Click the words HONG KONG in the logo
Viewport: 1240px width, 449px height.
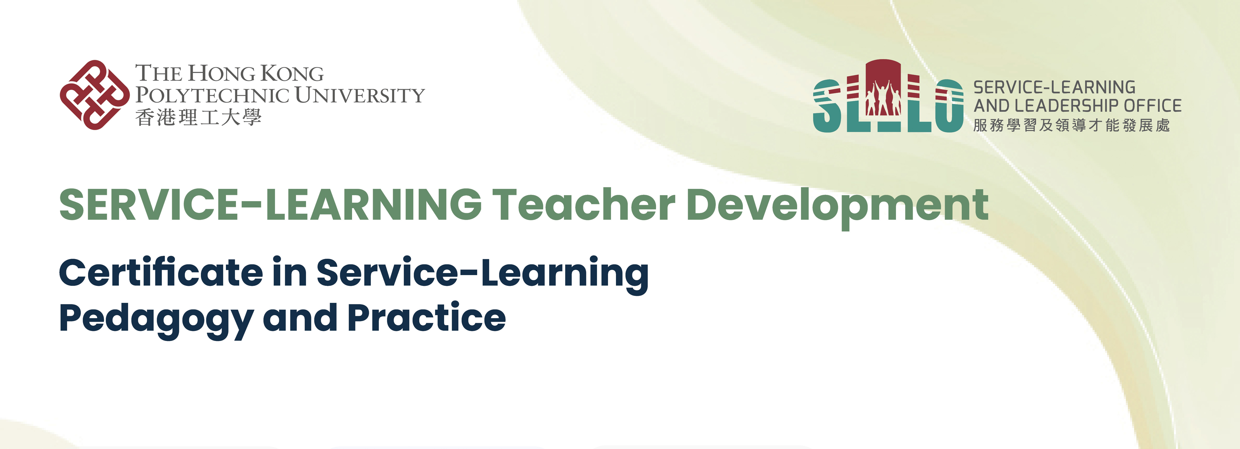[x=256, y=73]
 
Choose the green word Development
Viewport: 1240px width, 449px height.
[x=838, y=208]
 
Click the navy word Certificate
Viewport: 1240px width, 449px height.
[x=161, y=273]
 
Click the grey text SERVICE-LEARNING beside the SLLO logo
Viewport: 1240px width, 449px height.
[x=1054, y=87]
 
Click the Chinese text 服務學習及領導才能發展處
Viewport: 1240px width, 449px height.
[x=1071, y=125]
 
